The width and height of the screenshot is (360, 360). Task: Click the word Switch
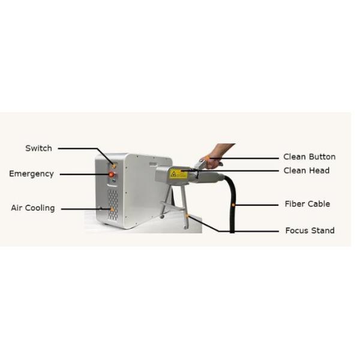pos(38,148)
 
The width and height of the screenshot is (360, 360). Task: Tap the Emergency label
pos(31,174)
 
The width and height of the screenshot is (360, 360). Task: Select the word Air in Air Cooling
pos(17,208)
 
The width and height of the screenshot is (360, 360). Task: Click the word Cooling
pos(40,208)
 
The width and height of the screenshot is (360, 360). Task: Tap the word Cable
pos(319,204)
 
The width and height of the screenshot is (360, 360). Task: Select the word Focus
pos(297,230)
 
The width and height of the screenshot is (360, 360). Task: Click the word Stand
pos(323,230)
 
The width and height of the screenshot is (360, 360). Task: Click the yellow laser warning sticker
pos(178,174)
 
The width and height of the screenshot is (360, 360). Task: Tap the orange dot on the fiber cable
pos(233,205)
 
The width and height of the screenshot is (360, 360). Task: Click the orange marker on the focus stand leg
pos(187,216)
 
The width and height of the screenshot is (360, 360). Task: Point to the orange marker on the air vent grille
pos(112,209)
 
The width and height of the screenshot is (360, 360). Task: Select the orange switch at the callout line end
pos(113,165)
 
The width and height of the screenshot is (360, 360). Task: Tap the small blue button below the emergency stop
pos(114,181)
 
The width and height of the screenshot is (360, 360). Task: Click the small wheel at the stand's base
pos(162,217)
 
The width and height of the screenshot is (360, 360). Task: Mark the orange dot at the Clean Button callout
pos(208,158)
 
